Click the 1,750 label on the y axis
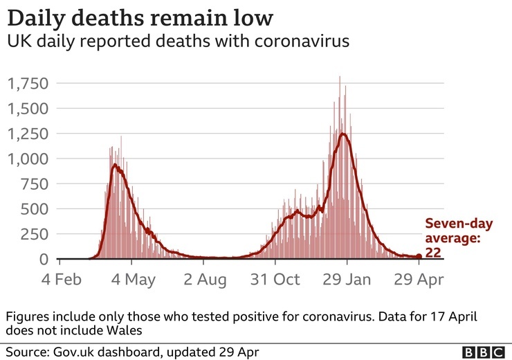pos(28,84)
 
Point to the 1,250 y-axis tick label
pos(28,134)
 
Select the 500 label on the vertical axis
pos(35,210)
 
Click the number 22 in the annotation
pos(433,253)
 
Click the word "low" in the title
pos(252,17)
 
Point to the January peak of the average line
pos(342,134)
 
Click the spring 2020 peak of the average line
pos(115,165)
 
